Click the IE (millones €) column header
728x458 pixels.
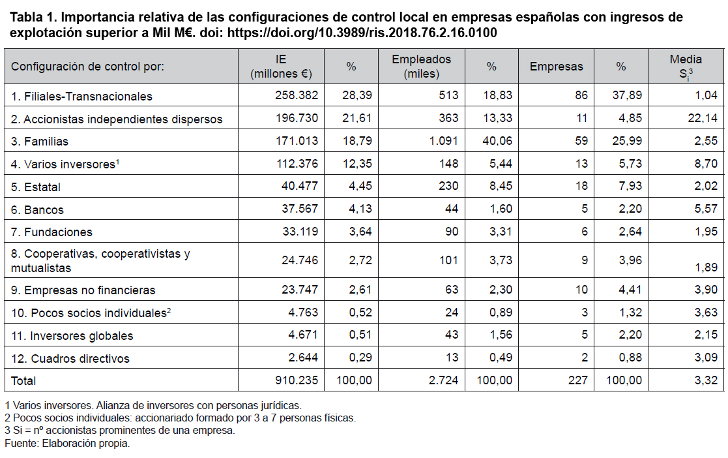coord(281,67)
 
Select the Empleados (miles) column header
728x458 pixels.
coord(421,67)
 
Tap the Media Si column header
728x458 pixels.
coord(686,67)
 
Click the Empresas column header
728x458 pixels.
coord(556,67)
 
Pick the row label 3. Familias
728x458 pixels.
coord(40,142)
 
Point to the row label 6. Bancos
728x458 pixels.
coord(37,209)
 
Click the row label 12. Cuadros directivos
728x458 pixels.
coord(70,358)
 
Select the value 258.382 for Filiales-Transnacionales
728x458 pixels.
coord(296,95)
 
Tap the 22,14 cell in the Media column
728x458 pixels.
coord(703,118)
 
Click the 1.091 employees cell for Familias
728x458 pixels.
coord(443,141)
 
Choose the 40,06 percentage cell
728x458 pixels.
coord(497,141)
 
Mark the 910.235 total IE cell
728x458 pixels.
coord(296,380)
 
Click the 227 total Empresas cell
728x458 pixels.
coord(577,380)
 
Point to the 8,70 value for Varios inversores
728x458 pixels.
coord(706,164)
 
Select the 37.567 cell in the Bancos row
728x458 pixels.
coord(299,209)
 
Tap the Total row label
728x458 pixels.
coord(23,381)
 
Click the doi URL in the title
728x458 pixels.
coord(362,33)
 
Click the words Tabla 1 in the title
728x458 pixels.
coord(33,17)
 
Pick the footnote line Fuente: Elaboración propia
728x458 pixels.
coord(67,443)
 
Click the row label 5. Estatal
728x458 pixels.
coord(36,187)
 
